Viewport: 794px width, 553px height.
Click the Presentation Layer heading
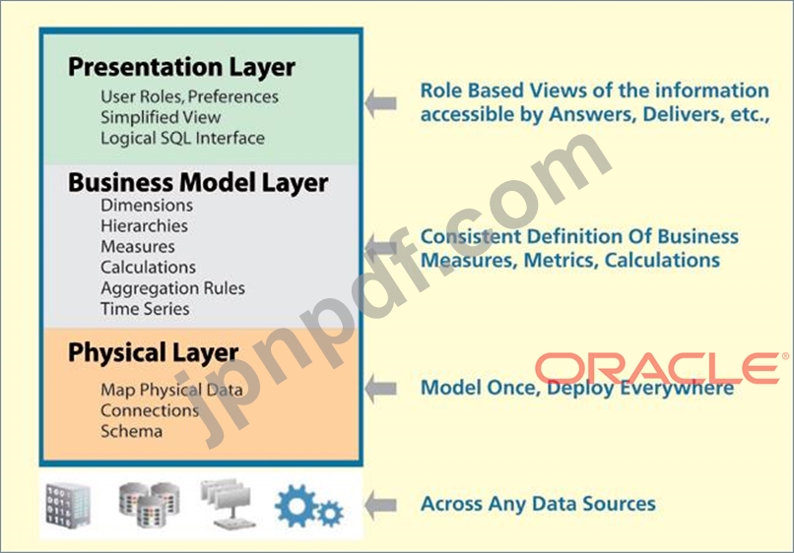pyautogui.click(x=182, y=67)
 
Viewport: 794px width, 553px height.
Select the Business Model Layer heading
pyautogui.click(x=198, y=183)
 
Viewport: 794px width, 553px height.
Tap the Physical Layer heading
pyautogui.click(x=153, y=353)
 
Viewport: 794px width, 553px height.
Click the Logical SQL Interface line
pyautogui.click(x=182, y=138)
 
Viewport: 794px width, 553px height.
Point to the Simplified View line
pyautogui.click(x=161, y=117)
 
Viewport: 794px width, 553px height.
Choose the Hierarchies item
pyautogui.click(x=144, y=225)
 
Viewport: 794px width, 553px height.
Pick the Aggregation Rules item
pyautogui.click(x=172, y=288)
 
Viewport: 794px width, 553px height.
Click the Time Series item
pyautogui.click(x=145, y=309)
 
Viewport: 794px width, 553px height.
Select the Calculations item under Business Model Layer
pyautogui.click(x=148, y=267)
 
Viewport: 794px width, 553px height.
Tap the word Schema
pyautogui.click(x=132, y=431)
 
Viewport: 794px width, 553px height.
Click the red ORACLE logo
pyautogui.click(x=661, y=368)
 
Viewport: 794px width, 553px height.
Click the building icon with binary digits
pyautogui.click(x=68, y=506)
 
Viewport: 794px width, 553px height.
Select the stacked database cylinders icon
pyautogui.click(x=150, y=505)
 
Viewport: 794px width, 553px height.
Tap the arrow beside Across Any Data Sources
pyautogui.click(x=381, y=505)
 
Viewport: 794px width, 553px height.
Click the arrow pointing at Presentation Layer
pyautogui.click(x=381, y=103)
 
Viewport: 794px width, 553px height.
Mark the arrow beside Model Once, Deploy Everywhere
pyautogui.click(x=381, y=389)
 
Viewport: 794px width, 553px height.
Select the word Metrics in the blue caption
pyautogui.click(x=562, y=261)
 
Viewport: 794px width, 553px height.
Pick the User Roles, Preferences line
pyautogui.click(x=189, y=96)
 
